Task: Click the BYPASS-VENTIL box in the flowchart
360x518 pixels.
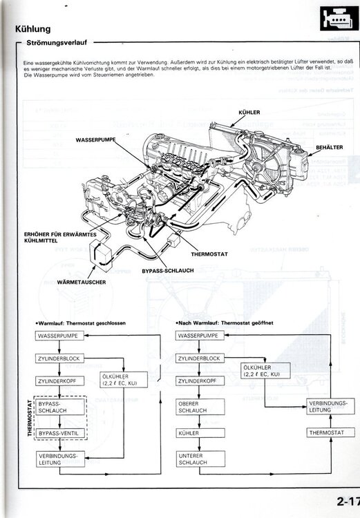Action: [x=61, y=433]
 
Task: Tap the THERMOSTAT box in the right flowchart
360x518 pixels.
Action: [x=322, y=432]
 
